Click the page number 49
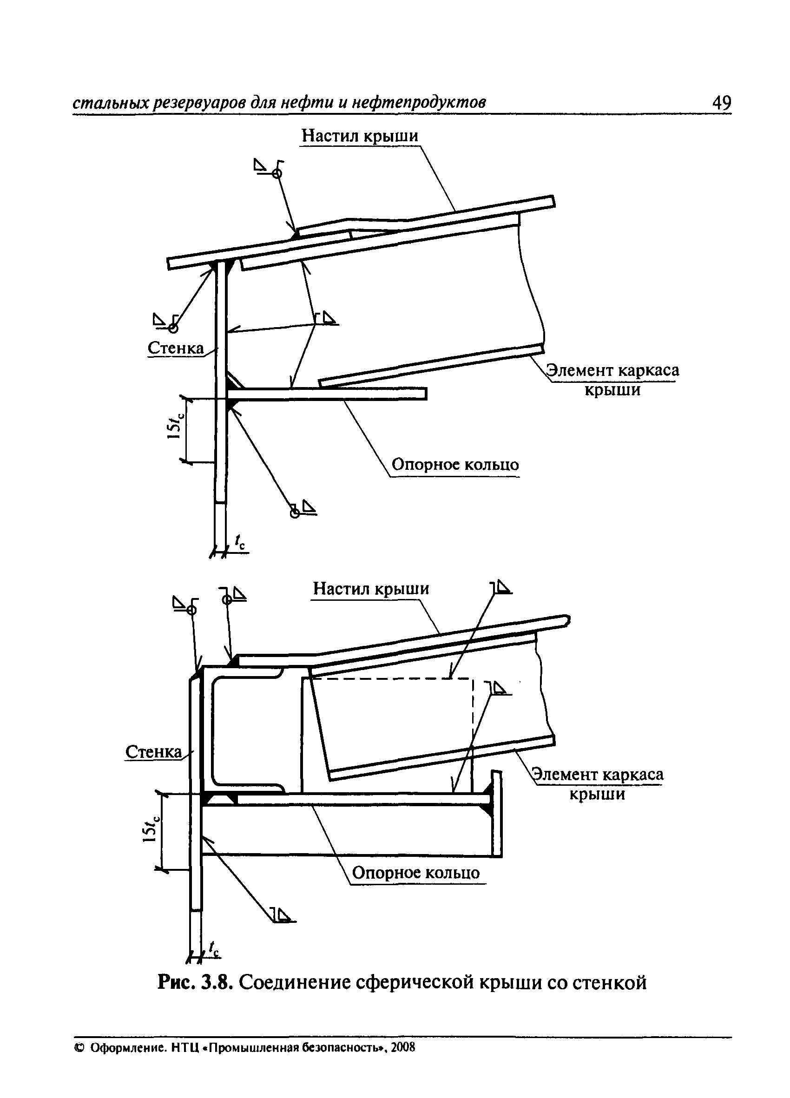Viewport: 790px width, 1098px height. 721,103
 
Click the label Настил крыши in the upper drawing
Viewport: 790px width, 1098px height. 360,136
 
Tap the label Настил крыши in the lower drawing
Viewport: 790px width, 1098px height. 371,589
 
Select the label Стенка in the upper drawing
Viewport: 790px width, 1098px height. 176,348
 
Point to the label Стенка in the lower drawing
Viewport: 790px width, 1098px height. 153,752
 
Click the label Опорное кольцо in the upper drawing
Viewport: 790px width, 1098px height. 455,465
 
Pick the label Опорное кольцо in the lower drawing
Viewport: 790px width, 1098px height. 416,873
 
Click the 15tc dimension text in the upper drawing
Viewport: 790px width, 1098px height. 175,421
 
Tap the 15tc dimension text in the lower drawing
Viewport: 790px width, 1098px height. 150,830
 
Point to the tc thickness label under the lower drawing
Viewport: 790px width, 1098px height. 214,948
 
